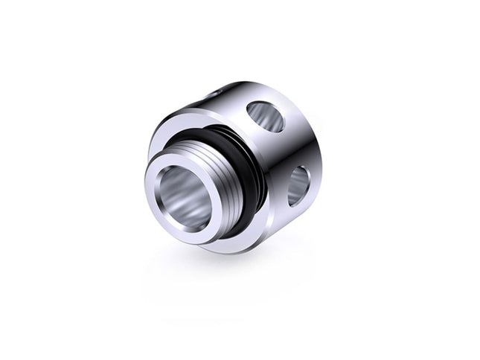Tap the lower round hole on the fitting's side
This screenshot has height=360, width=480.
[298, 185]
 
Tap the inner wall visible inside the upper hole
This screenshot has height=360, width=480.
[272, 119]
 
